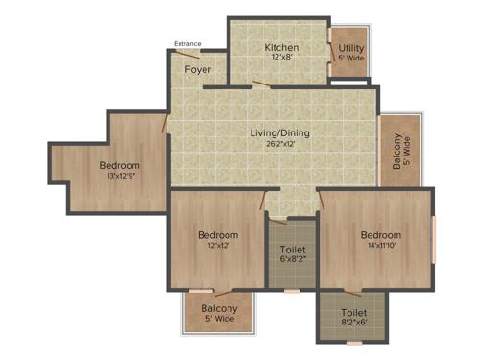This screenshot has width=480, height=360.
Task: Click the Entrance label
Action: pos(187,43)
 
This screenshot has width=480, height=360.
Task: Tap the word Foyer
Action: pos(198,69)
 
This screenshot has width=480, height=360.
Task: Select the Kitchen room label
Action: pos(281,47)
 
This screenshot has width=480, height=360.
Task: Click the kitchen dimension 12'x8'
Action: pos(281,59)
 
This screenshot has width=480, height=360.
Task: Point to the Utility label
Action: pos(350,47)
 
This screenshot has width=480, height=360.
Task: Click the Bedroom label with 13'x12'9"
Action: pos(119,165)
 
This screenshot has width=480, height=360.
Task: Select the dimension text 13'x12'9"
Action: pos(119,178)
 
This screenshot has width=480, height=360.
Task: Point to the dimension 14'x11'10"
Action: pos(381,247)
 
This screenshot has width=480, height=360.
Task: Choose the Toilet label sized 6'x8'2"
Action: pos(292,249)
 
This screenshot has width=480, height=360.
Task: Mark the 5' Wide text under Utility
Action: pos(350,59)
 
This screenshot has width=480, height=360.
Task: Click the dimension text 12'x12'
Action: pos(218,247)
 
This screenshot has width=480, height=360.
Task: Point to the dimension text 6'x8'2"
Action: pos(292,260)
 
